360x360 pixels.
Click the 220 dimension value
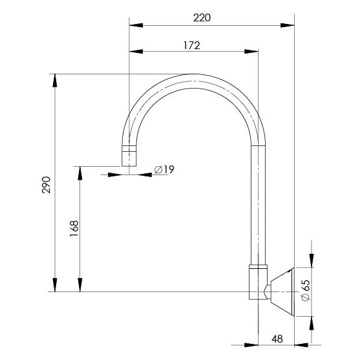[202, 18]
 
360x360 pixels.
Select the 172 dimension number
[191, 45]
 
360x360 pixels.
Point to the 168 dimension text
[74, 228]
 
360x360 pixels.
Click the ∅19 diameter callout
[165, 169]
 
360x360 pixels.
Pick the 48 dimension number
[277, 337]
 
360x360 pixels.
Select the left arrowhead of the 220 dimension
[134, 26]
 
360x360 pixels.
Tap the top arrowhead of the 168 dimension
[80, 170]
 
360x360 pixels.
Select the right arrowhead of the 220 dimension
[289, 26]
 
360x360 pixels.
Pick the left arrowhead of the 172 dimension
[134, 52]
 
